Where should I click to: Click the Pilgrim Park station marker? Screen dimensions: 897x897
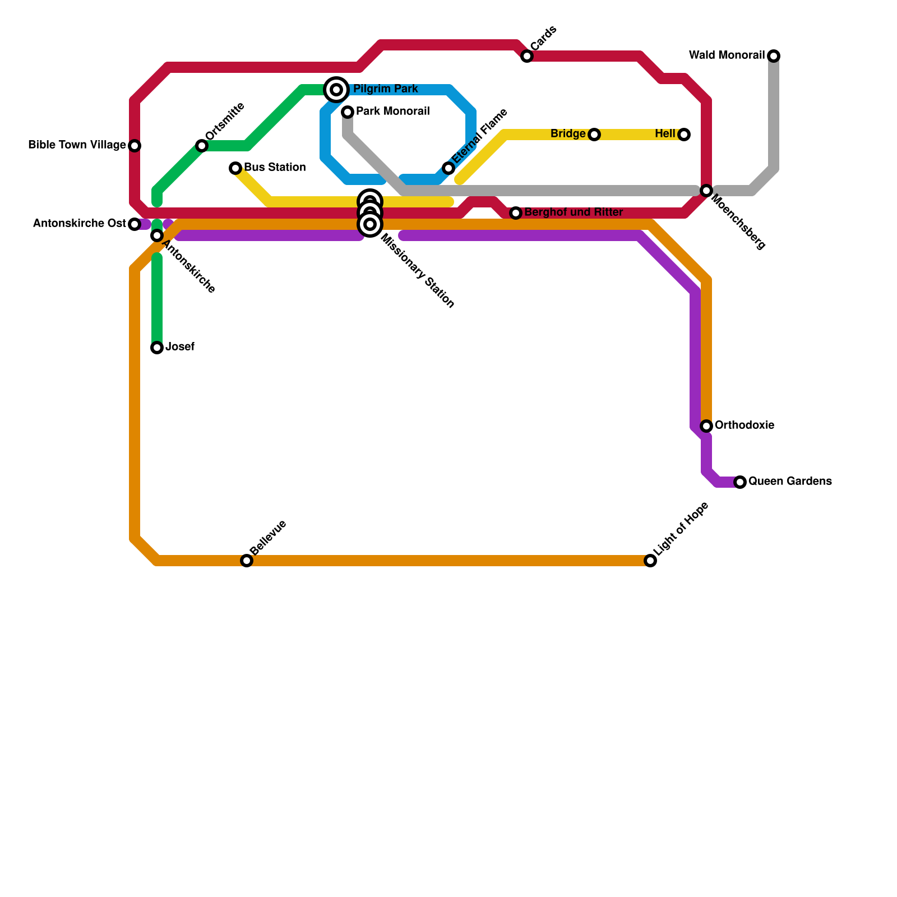pos(336,90)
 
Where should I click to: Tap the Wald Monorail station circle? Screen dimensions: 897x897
pos(774,56)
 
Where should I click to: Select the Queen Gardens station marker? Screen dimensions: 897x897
pos(740,482)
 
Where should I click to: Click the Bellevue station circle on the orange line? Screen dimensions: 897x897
pos(247,561)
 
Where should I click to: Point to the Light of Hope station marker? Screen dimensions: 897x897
pos(650,561)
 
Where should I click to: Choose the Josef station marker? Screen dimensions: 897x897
pos(157,348)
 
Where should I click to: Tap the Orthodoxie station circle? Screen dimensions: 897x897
pos(706,426)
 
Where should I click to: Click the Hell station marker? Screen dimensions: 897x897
pos(684,135)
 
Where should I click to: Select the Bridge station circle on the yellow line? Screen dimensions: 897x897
pos(594,135)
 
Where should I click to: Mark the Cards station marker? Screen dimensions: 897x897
pos(527,56)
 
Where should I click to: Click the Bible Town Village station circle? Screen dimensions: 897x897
pos(135,146)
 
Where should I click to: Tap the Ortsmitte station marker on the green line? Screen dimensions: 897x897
pos(202,146)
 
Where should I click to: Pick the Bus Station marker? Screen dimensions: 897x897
pos(235,168)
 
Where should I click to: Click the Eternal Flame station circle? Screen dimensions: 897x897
pos(449,168)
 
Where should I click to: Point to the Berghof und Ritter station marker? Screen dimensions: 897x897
pos(516,213)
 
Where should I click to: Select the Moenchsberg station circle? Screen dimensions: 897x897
pos(706,191)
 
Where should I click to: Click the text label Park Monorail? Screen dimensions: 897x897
pos(392,112)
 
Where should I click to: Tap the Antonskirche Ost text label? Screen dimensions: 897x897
pos(79,224)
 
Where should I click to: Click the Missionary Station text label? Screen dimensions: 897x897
pos(417,271)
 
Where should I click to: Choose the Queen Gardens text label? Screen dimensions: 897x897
pos(790,482)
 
